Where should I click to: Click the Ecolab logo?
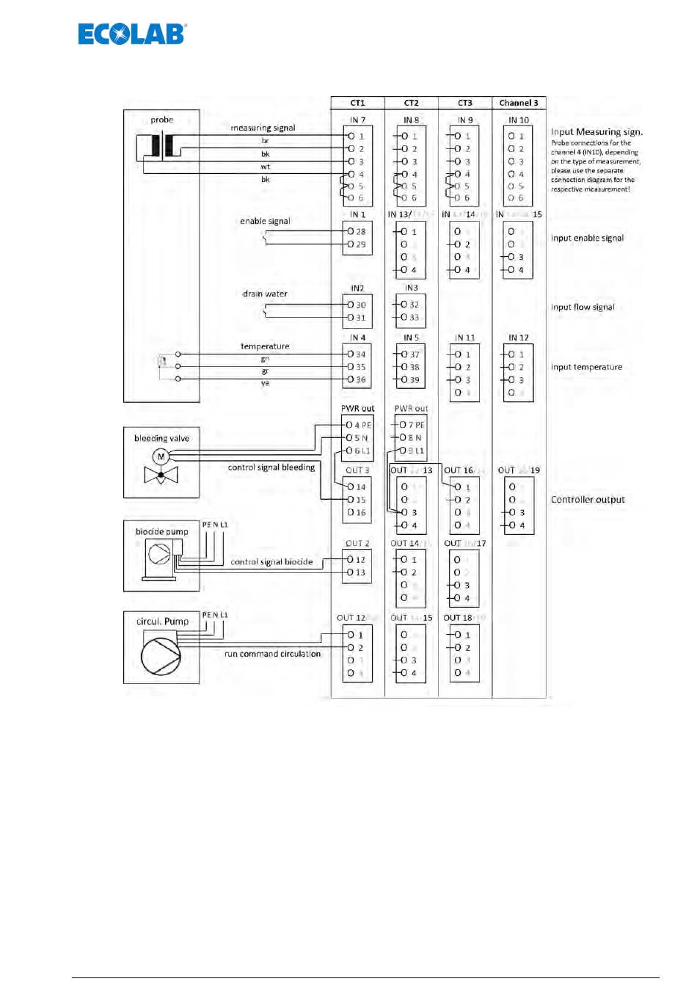coord(132,34)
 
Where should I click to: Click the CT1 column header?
coord(357,103)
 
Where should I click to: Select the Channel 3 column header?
coord(519,103)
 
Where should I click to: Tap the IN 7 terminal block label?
coord(357,120)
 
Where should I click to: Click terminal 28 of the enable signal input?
coord(357,231)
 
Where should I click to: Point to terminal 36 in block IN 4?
coord(357,379)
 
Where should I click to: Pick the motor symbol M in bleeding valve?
coord(161,456)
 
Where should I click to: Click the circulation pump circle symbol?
coord(161,655)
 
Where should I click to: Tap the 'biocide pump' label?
coord(161,531)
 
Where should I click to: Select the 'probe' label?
coord(161,120)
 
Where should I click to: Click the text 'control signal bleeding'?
coord(271,467)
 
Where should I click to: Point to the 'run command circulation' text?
coord(272,654)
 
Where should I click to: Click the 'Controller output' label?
coord(588,500)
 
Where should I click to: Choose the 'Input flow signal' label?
coord(583,307)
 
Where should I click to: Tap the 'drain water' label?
coord(265,294)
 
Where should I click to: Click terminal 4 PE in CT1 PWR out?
coord(359,425)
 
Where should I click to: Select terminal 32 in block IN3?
coord(411,304)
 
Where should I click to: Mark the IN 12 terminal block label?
coord(518,338)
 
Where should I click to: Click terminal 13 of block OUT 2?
coord(357,572)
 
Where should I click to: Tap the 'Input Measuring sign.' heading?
coord(596,132)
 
